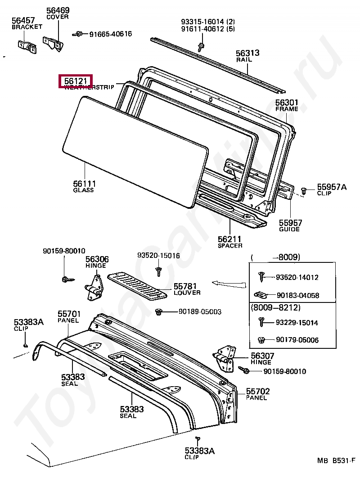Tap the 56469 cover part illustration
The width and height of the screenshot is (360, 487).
pos(53,42)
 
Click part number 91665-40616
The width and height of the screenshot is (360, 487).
pos(110,34)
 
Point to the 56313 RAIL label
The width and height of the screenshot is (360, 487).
pos(248,55)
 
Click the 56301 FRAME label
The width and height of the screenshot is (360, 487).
pos(287,105)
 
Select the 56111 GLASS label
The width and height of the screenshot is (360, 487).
pos(84,186)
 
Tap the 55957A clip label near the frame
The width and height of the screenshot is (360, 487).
pos(331,189)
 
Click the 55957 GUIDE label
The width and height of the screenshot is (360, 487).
pos(290,225)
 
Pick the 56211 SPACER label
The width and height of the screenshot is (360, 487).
pos(230,242)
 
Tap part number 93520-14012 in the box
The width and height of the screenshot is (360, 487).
pos(297,277)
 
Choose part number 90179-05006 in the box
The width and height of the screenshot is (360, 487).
pos(297,340)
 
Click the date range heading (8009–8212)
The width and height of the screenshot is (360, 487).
pos(275,307)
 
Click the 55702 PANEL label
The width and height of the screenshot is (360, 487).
pos(256,394)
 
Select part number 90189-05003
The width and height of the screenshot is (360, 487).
pos(200,311)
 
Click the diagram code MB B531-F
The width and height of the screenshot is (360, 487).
pos(336,460)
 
